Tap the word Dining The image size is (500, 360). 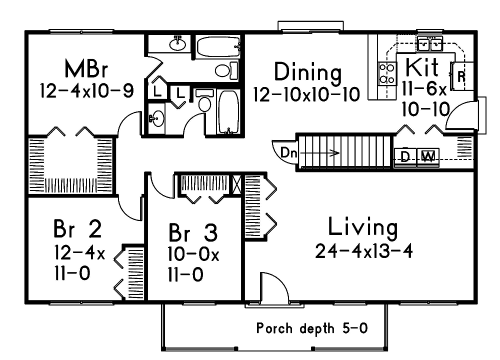307,72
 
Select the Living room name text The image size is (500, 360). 363,227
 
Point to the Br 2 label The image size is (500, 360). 77,229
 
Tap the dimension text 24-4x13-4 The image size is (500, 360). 363,251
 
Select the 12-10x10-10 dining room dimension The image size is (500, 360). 306,94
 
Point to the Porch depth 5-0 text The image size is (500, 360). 312,328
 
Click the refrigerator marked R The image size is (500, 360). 461,76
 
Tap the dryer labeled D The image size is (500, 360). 405,157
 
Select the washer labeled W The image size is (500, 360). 427,157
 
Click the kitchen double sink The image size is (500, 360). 430,44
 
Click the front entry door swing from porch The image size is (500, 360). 273,288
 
